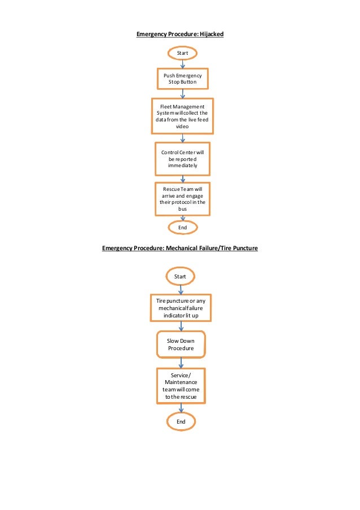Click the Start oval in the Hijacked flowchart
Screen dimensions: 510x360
tap(182, 53)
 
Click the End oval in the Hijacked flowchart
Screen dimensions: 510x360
tap(182, 227)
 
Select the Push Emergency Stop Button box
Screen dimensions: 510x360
tap(182, 79)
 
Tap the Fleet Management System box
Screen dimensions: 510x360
tap(182, 116)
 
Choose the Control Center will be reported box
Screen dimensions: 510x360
tap(182, 159)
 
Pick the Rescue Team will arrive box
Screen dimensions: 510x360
tap(182, 198)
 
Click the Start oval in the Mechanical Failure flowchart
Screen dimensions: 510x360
tap(180, 277)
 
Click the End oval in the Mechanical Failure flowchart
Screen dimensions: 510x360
tap(181, 421)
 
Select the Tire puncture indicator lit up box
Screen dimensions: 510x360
tap(181, 308)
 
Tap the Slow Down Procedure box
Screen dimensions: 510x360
tap(181, 345)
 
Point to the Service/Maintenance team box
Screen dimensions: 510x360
tap(181, 386)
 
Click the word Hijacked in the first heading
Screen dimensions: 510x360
tap(211, 34)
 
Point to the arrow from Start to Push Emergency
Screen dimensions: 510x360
tap(182, 64)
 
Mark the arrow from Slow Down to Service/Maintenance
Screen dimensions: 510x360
tap(181, 363)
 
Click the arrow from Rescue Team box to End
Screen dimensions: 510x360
tap(182, 218)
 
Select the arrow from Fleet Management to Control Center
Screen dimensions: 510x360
tap(182, 138)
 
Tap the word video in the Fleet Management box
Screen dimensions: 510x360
tap(182, 127)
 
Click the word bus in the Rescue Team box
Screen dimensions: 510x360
tap(182, 208)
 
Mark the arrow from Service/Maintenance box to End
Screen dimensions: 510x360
tap(181, 408)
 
